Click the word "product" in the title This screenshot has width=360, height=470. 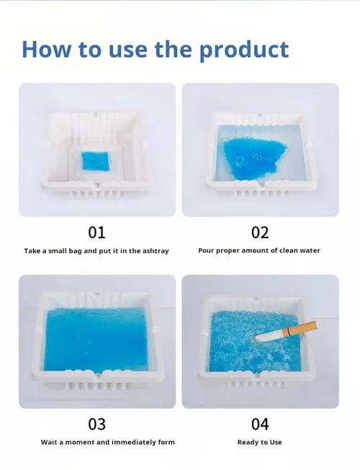pyautogui.click(x=244, y=50)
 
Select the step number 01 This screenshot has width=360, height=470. pyautogui.click(x=96, y=232)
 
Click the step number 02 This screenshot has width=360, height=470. pyautogui.click(x=260, y=232)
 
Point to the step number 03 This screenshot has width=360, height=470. pyautogui.click(x=96, y=424)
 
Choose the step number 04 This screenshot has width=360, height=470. pyautogui.click(x=260, y=424)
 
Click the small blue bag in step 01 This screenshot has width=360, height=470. pyautogui.click(x=95, y=161)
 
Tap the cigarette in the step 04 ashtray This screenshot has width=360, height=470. pyautogui.click(x=287, y=331)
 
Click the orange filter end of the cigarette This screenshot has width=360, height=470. pyautogui.click(x=302, y=327)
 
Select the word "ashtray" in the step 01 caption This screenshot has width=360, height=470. pyautogui.click(x=156, y=251)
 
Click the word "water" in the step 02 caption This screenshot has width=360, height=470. pyautogui.click(x=310, y=250)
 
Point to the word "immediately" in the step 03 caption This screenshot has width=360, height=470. pyautogui.click(x=132, y=442)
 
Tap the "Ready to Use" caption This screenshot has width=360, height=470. pyautogui.click(x=260, y=443)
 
